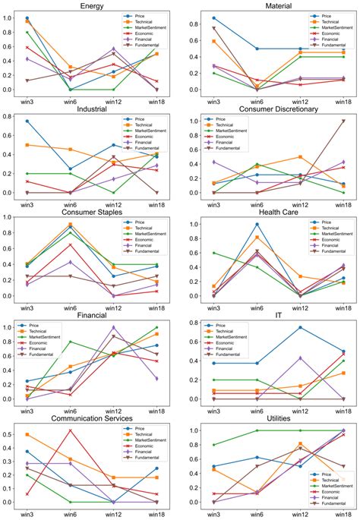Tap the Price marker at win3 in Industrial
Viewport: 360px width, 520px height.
tap(27, 121)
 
